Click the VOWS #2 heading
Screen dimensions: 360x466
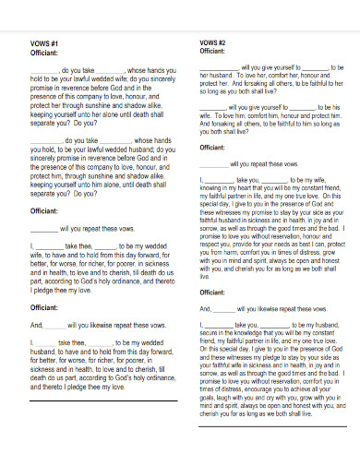pos(214,43)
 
